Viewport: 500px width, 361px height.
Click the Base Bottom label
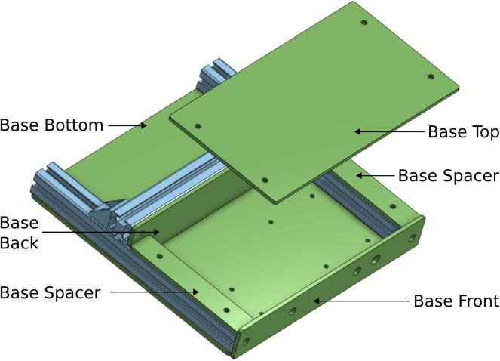51,125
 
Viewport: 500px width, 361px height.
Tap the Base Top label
464,131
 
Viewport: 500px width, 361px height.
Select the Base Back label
19,233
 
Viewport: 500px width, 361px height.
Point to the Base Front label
456,301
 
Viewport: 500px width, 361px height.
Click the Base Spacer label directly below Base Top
449,176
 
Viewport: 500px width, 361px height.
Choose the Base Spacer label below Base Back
50,292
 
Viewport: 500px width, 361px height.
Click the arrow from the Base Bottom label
127,125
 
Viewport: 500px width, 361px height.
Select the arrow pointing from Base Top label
389,131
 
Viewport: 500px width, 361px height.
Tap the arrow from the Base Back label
100,232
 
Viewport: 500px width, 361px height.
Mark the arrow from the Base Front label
360,301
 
